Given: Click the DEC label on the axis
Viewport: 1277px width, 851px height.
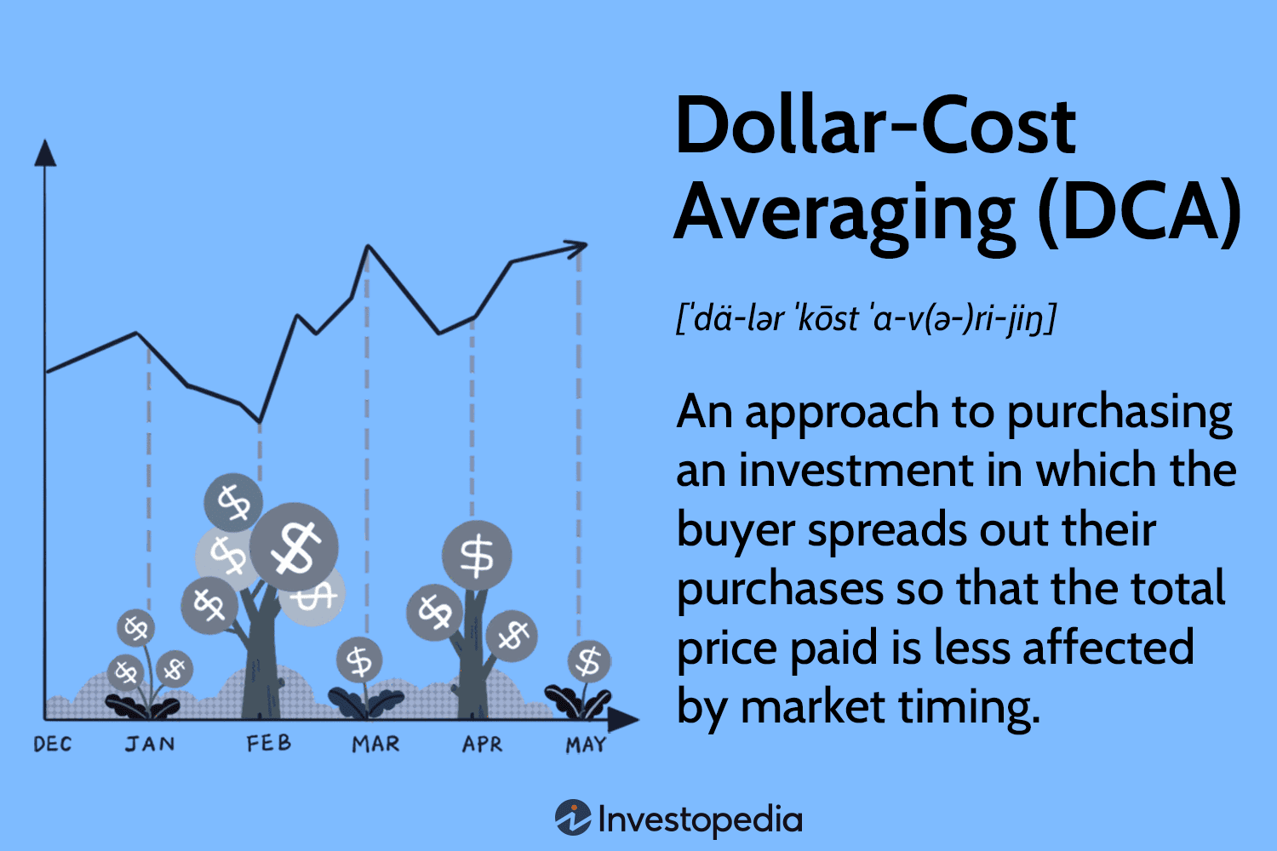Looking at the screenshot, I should tap(52, 744).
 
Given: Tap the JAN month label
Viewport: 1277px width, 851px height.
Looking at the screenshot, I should tap(150, 744).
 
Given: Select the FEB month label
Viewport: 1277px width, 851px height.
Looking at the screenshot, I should tap(269, 744).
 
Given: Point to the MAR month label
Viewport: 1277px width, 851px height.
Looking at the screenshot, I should tap(375, 744).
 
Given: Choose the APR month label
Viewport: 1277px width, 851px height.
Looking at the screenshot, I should tap(482, 744).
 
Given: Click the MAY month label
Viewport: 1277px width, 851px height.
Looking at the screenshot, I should tap(586, 745).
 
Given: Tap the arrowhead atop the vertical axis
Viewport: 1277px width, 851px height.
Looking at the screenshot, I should tap(45, 153).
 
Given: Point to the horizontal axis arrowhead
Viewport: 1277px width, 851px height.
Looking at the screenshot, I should tap(625, 720).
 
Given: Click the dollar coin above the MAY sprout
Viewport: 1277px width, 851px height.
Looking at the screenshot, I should tap(589, 661).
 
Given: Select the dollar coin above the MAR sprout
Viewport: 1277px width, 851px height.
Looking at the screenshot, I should tap(359, 660).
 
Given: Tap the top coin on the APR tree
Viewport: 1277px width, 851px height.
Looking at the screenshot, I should tap(477, 556).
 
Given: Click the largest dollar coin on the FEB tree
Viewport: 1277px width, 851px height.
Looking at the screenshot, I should tap(294, 547).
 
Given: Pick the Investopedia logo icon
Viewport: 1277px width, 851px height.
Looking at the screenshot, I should tap(573, 818).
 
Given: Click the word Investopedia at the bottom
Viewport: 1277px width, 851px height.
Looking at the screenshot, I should tap(700, 820).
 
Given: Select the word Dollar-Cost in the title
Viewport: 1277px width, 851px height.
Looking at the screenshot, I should tap(875, 126).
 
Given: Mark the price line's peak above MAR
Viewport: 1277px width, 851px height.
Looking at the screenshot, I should tap(368, 246).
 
